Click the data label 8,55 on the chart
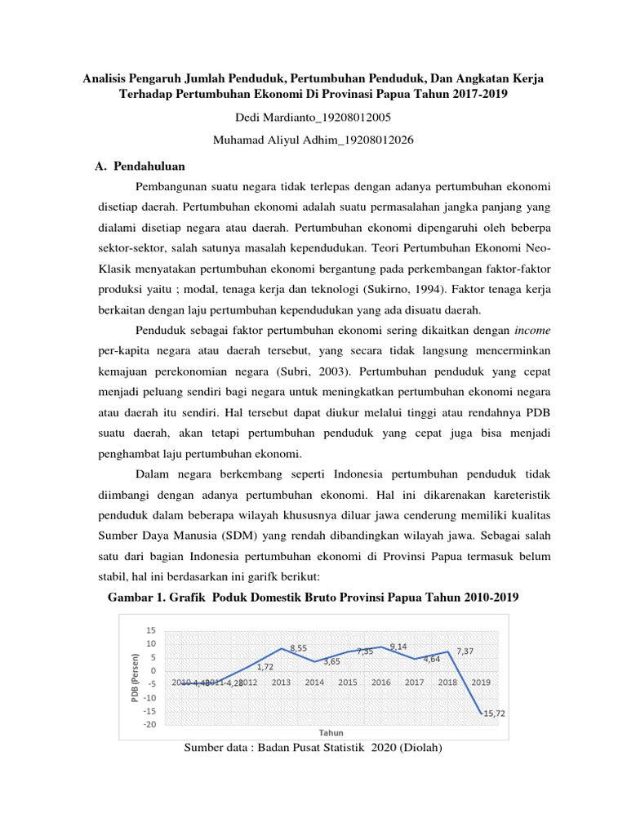(x=298, y=647)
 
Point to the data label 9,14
(x=398, y=646)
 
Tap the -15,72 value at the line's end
(x=491, y=714)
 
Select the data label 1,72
(x=265, y=667)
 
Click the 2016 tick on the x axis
(x=380, y=683)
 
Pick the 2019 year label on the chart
(x=481, y=683)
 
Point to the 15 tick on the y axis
(x=150, y=630)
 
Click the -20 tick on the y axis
(x=149, y=724)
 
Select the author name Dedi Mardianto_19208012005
(x=313, y=118)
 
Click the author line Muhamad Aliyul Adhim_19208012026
(x=313, y=140)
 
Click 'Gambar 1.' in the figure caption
(x=136, y=598)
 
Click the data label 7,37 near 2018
(x=465, y=651)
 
